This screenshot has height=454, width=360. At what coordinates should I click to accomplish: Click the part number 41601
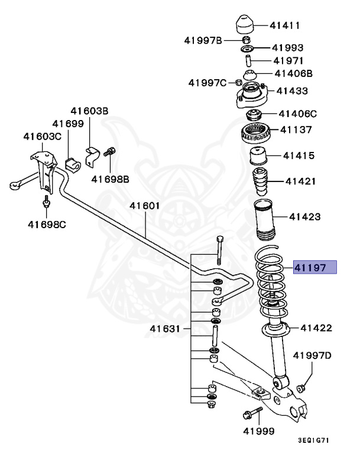tap(145, 206)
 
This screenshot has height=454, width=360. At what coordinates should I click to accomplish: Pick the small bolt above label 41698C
tap(45, 203)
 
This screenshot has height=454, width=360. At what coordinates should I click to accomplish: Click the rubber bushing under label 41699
tap(71, 162)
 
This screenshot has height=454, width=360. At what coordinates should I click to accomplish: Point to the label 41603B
tap(89, 111)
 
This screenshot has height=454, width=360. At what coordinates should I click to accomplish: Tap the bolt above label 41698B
tap(109, 152)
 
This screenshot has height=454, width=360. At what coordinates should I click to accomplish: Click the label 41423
tap(304, 216)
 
